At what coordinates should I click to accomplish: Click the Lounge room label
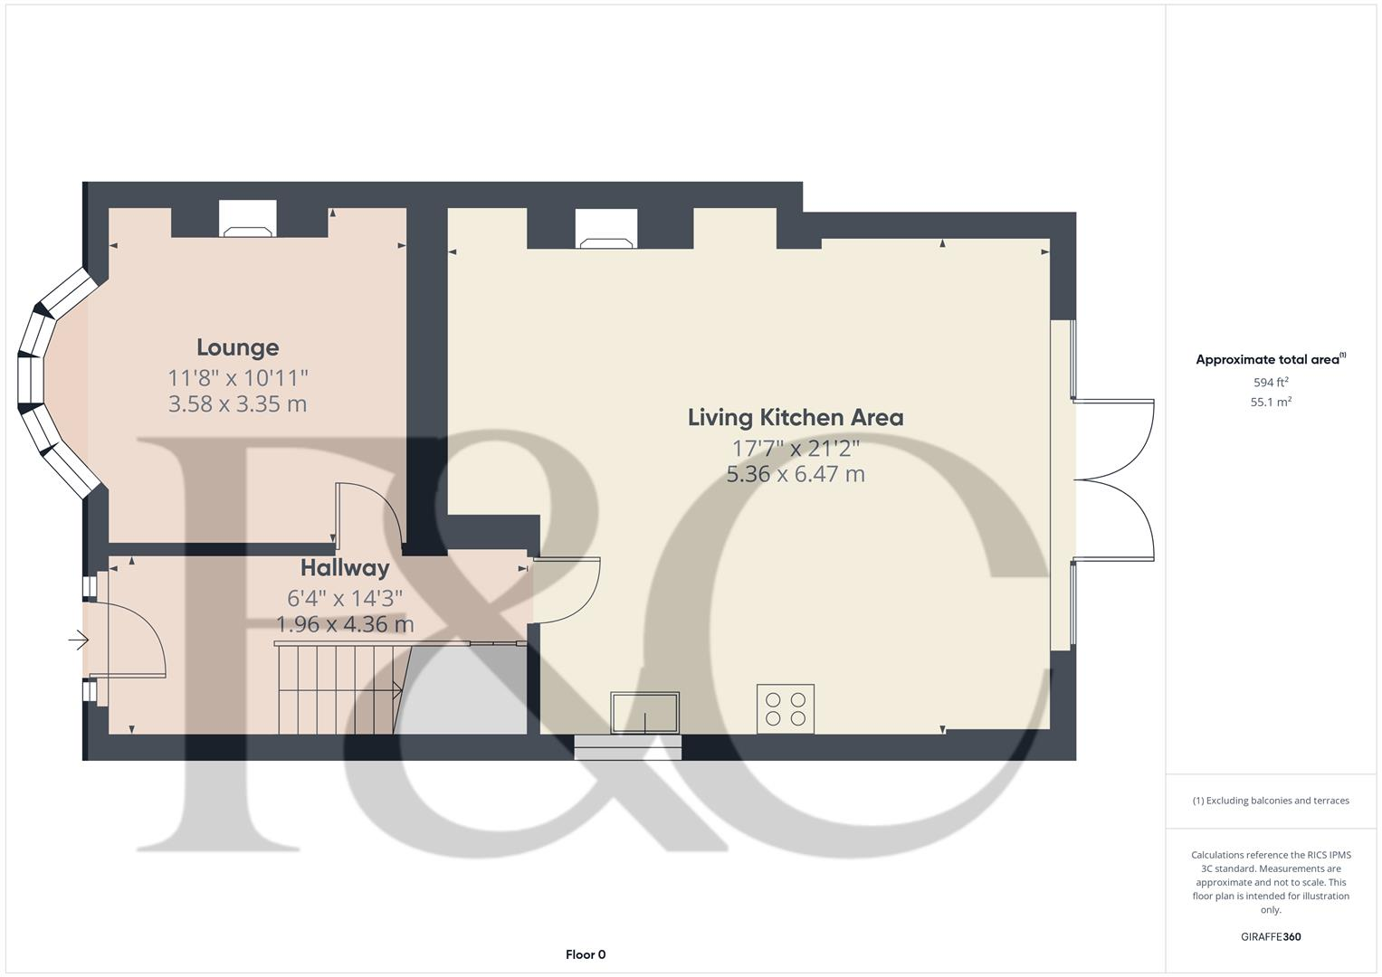tap(237, 347)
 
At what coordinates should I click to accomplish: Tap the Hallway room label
tap(345, 568)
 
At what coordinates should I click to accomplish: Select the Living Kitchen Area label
tap(796, 417)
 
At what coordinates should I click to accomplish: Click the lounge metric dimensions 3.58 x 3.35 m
tap(237, 403)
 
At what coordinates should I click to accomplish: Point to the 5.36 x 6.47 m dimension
tap(796, 473)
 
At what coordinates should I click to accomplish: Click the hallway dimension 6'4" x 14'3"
tap(345, 598)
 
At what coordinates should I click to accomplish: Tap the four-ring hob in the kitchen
tap(786, 708)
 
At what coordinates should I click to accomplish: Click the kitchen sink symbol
tap(644, 712)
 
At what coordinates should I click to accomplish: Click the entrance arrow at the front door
tap(79, 640)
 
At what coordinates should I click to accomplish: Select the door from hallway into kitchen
tap(567, 591)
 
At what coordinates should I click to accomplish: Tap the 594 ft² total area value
tap(1271, 383)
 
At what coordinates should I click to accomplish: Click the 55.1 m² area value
tap(1271, 403)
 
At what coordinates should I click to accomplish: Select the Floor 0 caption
tap(586, 954)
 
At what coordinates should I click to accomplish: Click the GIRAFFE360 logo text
tap(1271, 937)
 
